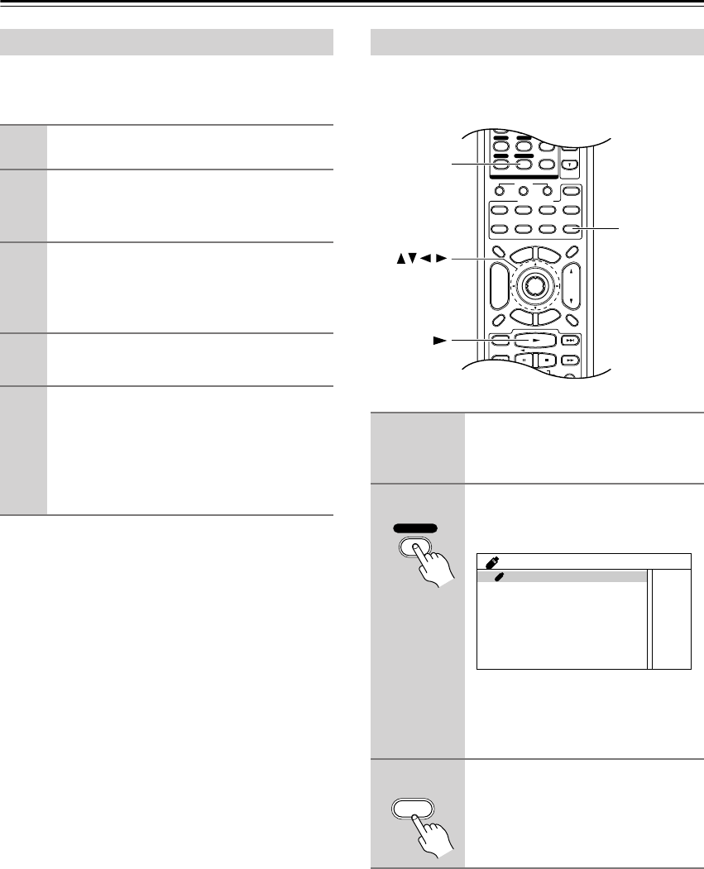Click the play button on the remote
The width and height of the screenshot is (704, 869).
(x=536, y=339)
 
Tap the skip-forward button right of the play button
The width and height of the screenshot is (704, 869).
(x=570, y=340)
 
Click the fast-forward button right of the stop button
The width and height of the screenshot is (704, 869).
(x=570, y=360)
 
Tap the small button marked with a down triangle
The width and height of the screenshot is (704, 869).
(x=570, y=165)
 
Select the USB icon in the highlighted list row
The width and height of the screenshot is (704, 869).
(x=498, y=576)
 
